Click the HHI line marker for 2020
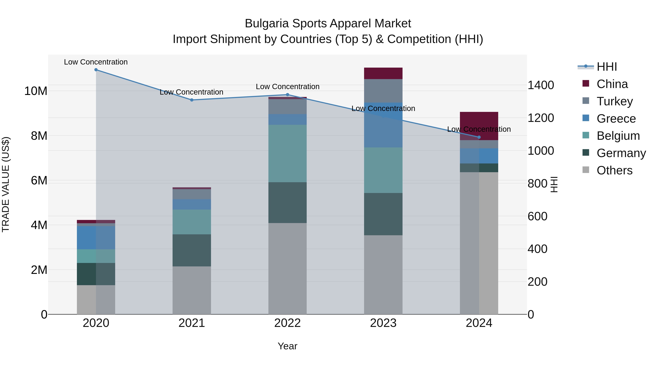point(96,70)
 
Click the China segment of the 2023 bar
point(383,73)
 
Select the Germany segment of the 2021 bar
point(192,250)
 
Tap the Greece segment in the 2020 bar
point(96,238)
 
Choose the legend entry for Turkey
point(614,101)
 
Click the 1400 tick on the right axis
point(541,85)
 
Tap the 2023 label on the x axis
point(383,323)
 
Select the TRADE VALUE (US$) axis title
point(6,184)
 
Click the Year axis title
point(288,346)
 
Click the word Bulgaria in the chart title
point(267,24)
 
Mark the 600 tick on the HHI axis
point(537,216)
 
